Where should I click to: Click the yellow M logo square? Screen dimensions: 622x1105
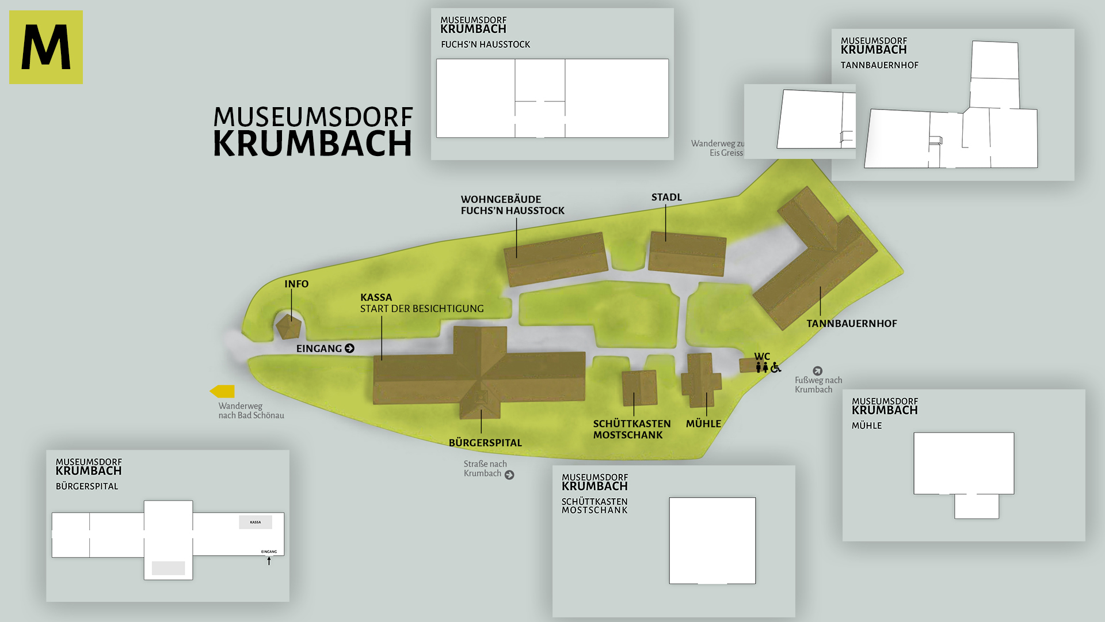click(x=46, y=47)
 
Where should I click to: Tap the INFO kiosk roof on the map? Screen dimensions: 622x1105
click(x=288, y=327)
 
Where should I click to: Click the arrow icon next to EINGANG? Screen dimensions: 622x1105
click(x=349, y=348)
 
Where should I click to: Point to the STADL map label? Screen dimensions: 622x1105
click(x=666, y=198)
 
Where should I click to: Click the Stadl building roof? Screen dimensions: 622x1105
click(x=687, y=253)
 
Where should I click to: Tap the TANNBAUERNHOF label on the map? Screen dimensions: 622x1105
click(x=851, y=324)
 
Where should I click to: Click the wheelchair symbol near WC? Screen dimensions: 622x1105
click(x=776, y=367)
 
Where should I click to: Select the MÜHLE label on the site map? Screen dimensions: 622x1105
click(x=703, y=424)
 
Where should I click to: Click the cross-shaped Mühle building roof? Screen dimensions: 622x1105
click(x=701, y=380)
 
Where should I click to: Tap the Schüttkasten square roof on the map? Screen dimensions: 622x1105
click(x=639, y=388)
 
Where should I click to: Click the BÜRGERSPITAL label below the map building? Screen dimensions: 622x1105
click(x=485, y=443)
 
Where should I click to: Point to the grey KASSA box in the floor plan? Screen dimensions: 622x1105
click(x=256, y=522)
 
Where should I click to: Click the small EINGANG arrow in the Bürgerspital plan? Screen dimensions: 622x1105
click(x=269, y=561)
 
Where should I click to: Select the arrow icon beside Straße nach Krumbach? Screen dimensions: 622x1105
click(x=509, y=475)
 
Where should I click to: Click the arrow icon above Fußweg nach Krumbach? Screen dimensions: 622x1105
click(x=817, y=371)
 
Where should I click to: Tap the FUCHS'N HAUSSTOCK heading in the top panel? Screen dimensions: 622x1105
click(x=485, y=45)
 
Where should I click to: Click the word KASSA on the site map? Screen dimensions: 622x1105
click(x=376, y=298)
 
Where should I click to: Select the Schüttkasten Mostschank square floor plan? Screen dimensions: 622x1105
click(x=712, y=540)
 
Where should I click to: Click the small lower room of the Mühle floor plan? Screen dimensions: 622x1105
click(x=977, y=507)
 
